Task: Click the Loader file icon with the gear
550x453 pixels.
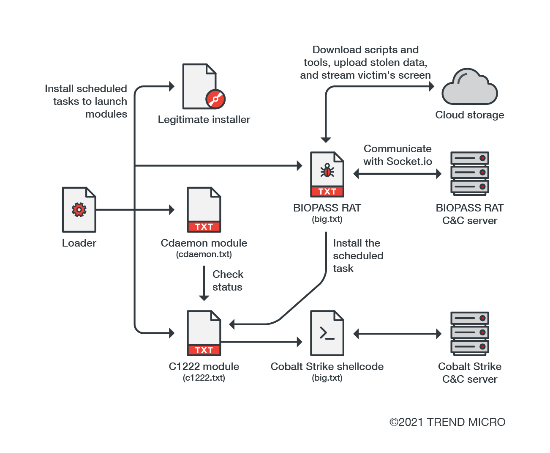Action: [x=79, y=210]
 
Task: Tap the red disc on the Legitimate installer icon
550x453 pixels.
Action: [x=215, y=99]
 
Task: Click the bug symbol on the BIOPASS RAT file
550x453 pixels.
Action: [x=327, y=171]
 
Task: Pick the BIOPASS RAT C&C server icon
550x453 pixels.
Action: [x=469, y=173]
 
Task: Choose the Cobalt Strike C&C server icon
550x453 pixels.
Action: [x=469, y=334]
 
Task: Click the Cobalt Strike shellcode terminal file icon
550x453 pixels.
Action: [x=327, y=333]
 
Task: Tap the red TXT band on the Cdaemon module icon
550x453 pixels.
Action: [x=204, y=227]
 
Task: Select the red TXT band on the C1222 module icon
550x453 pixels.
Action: [x=204, y=350]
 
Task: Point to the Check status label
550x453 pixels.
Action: [x=228, y=281]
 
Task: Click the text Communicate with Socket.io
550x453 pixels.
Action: [x=398, y=155]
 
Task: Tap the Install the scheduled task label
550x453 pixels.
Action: [x=358, y=255]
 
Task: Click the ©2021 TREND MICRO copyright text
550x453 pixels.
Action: [x=447, y=422]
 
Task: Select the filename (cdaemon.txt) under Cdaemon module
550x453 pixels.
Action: [x=204, y=255]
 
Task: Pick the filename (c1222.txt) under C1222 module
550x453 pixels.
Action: [x=204, y=378]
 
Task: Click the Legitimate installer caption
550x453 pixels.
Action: [x=204, y=120]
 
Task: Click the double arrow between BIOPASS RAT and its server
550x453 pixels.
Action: [x=397, y=173]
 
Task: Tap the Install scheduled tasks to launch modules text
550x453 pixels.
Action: [x=86, y=102]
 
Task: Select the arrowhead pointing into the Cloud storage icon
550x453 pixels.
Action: [x=431, y=86]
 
